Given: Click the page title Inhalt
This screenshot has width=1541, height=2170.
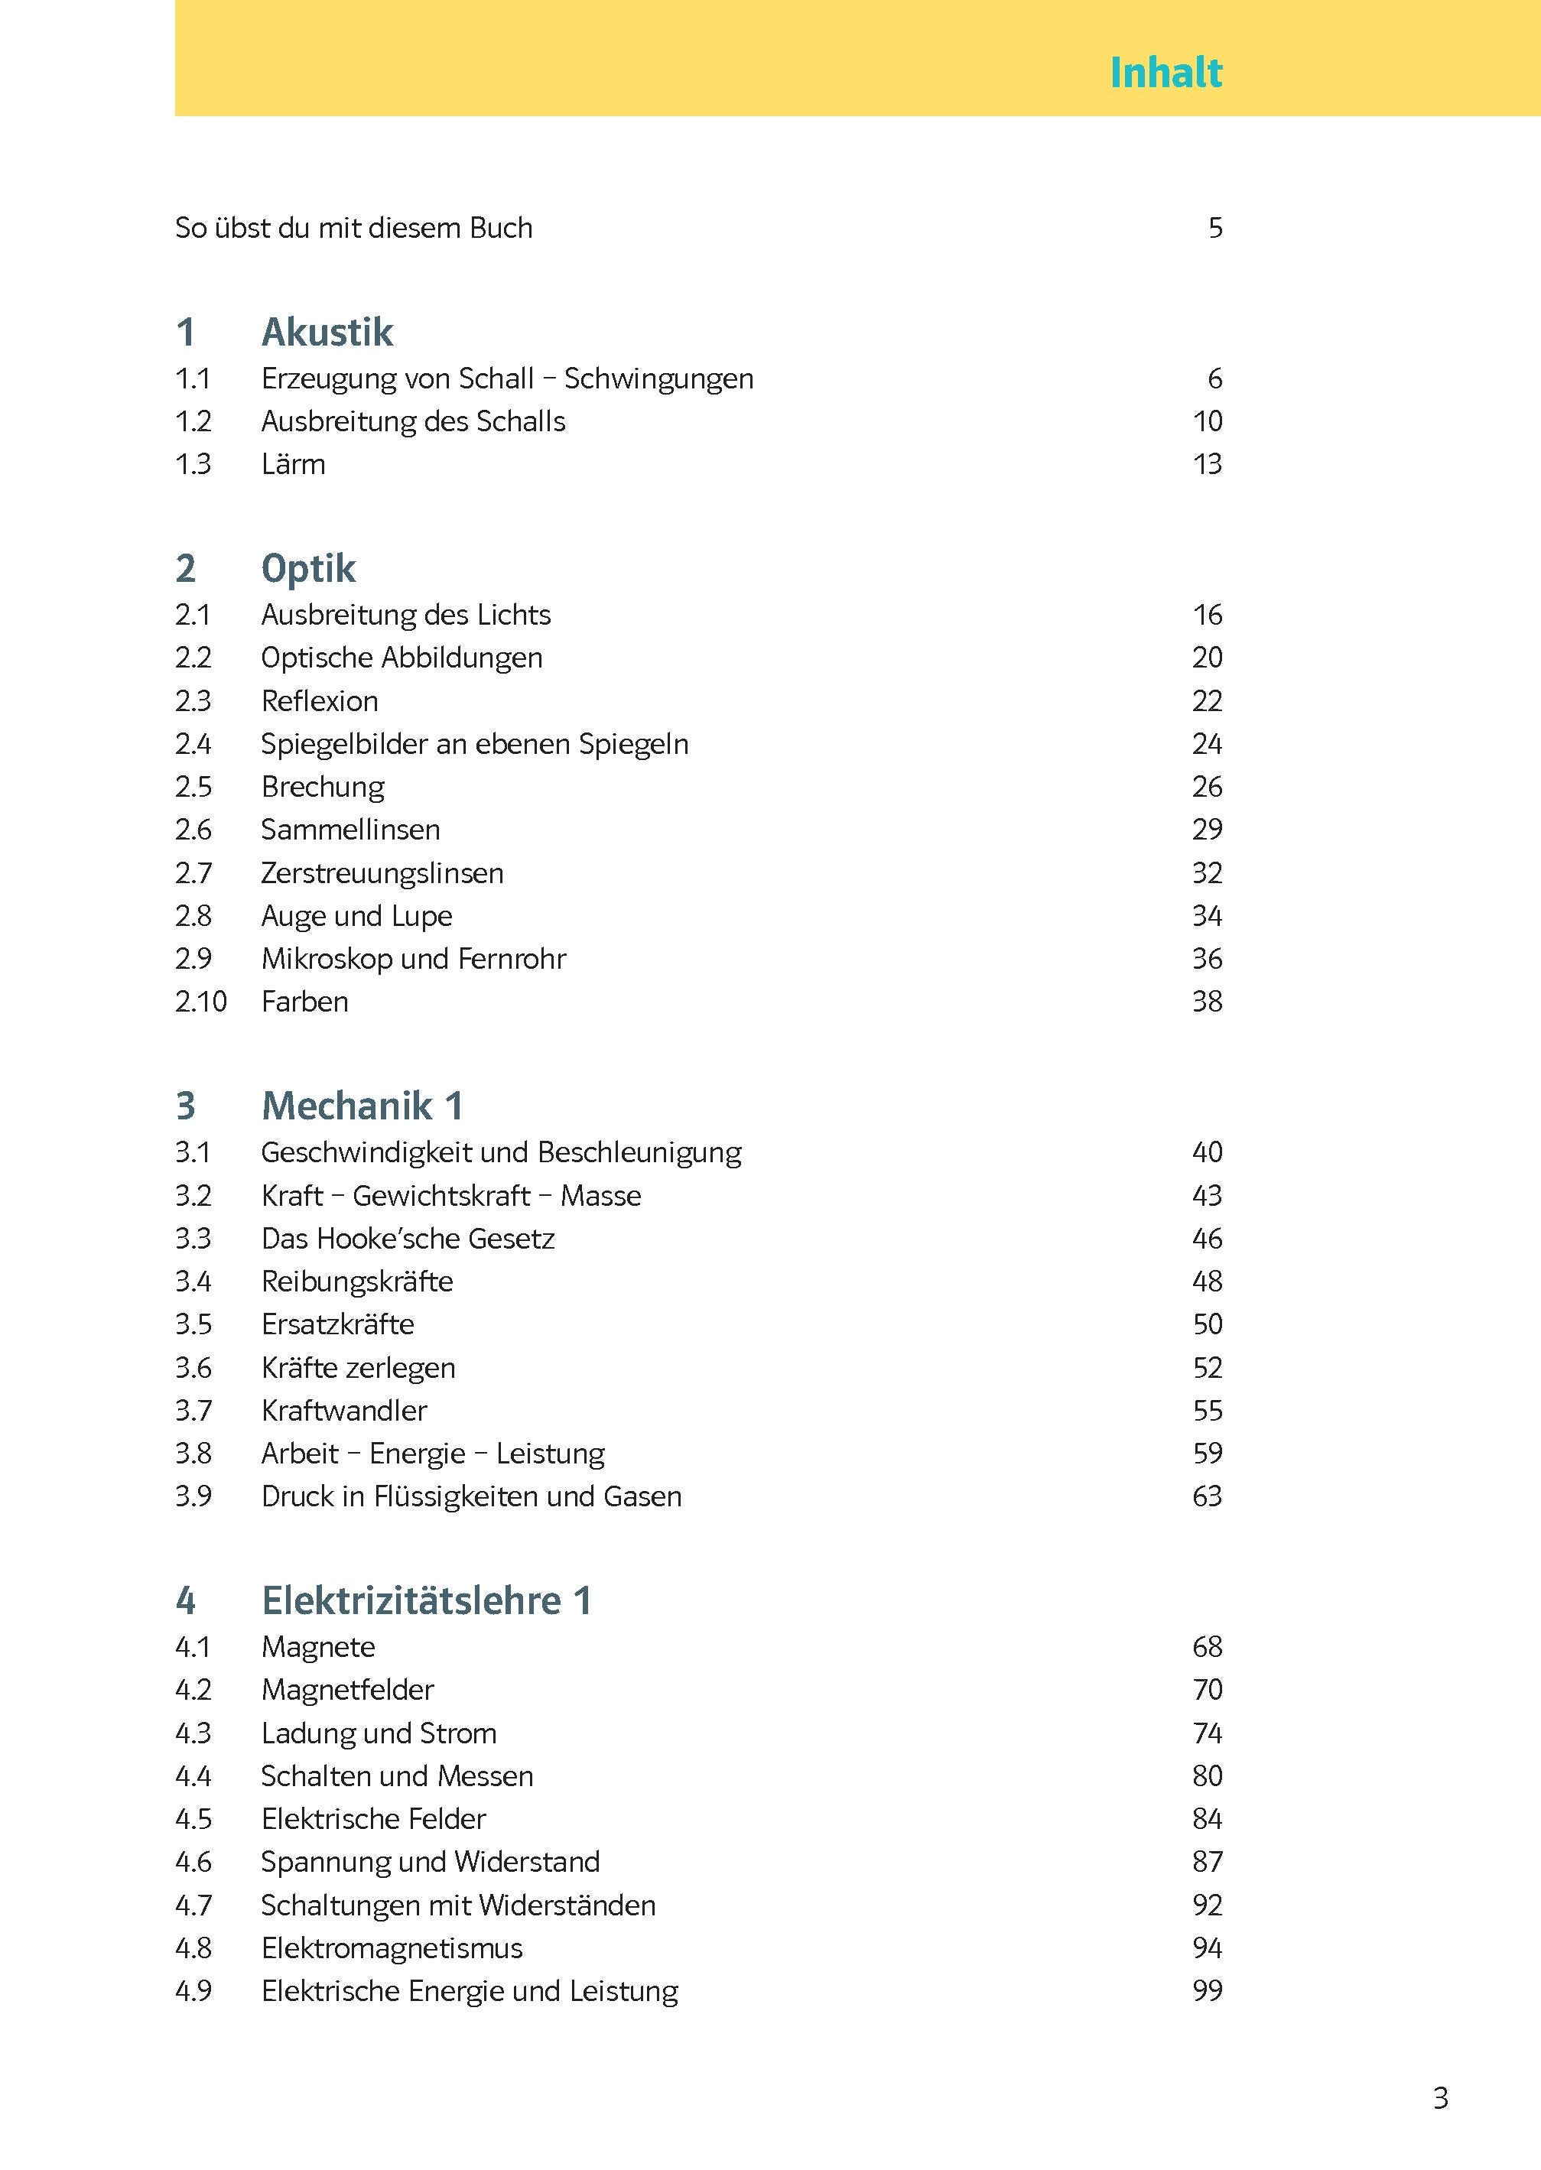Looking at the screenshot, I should coord(1166,73).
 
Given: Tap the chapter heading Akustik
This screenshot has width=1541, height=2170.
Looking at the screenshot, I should coord(327,332).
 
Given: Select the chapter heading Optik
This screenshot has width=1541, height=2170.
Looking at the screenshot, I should coord(308,568).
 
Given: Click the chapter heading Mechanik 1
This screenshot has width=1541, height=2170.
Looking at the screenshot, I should coord(362,1106).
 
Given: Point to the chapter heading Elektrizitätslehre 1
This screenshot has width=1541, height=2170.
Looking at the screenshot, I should coord(426,1601).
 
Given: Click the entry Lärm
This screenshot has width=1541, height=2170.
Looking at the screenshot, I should coord(293,465).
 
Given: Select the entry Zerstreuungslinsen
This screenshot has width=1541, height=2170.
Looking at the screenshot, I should coord(382,873).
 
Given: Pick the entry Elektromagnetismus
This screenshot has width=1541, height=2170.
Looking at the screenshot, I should coord(392,1948).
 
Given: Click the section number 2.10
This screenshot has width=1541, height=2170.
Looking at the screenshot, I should coord(200,1002).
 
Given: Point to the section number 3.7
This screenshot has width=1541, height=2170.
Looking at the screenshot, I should coord(193,1410).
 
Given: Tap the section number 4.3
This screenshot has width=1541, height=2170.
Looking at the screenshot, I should coord(193,1733).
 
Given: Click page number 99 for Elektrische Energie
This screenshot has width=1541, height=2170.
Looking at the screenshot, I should coord(1207,1991).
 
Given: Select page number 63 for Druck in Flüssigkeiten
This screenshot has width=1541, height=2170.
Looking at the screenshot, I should coord(1207,1496).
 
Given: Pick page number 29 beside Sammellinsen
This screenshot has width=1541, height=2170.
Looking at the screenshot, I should coord(1207,830).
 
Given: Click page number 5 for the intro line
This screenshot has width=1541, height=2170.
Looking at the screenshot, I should coord(1214,229).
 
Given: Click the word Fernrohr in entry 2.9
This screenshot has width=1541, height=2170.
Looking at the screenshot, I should coord(512,959).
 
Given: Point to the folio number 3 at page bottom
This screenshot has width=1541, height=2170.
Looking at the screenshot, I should coord(1440,2098).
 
